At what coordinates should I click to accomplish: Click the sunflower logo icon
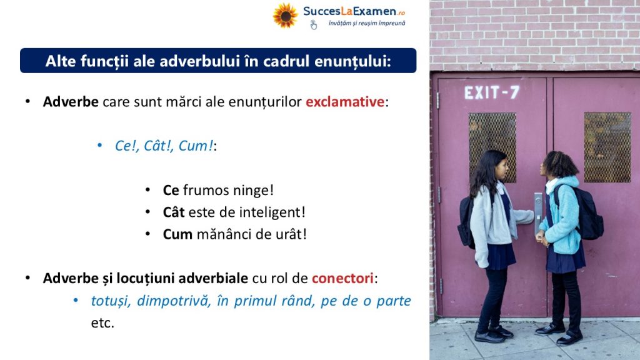[x=285, y=16]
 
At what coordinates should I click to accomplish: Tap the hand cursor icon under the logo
[x=314, y=25]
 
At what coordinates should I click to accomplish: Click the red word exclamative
[x=345, y=102]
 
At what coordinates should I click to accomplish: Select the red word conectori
[x=343, y=278]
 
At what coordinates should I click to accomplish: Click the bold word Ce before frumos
[x=171, y=190]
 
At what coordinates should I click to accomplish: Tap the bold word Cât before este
[x=174, y=212]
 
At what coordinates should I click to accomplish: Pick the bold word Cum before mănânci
[x=177, y=234]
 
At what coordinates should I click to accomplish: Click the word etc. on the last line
[x=102, y=323]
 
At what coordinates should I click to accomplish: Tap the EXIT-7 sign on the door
[x=492, y=92]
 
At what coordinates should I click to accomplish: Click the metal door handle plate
[x=538, y=213]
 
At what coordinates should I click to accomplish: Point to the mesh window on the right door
[x=607, y=147]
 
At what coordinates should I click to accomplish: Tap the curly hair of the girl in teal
[x=560, y=164]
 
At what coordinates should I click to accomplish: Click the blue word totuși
[x=111, y=301]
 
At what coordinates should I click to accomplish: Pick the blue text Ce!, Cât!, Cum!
[x=164, y=146]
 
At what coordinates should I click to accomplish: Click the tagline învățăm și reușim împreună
[x=367, y=23]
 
